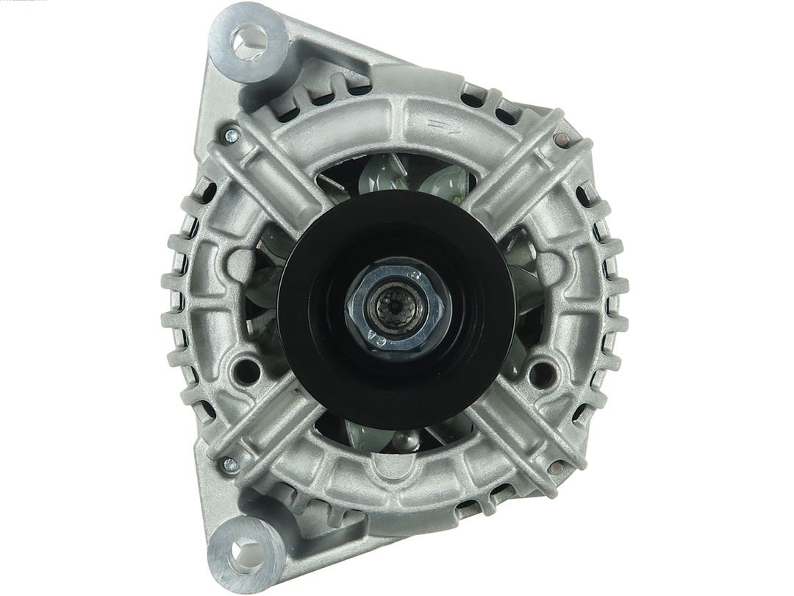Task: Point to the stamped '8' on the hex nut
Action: click(416, 276)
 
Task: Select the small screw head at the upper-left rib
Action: click(231, 135)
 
